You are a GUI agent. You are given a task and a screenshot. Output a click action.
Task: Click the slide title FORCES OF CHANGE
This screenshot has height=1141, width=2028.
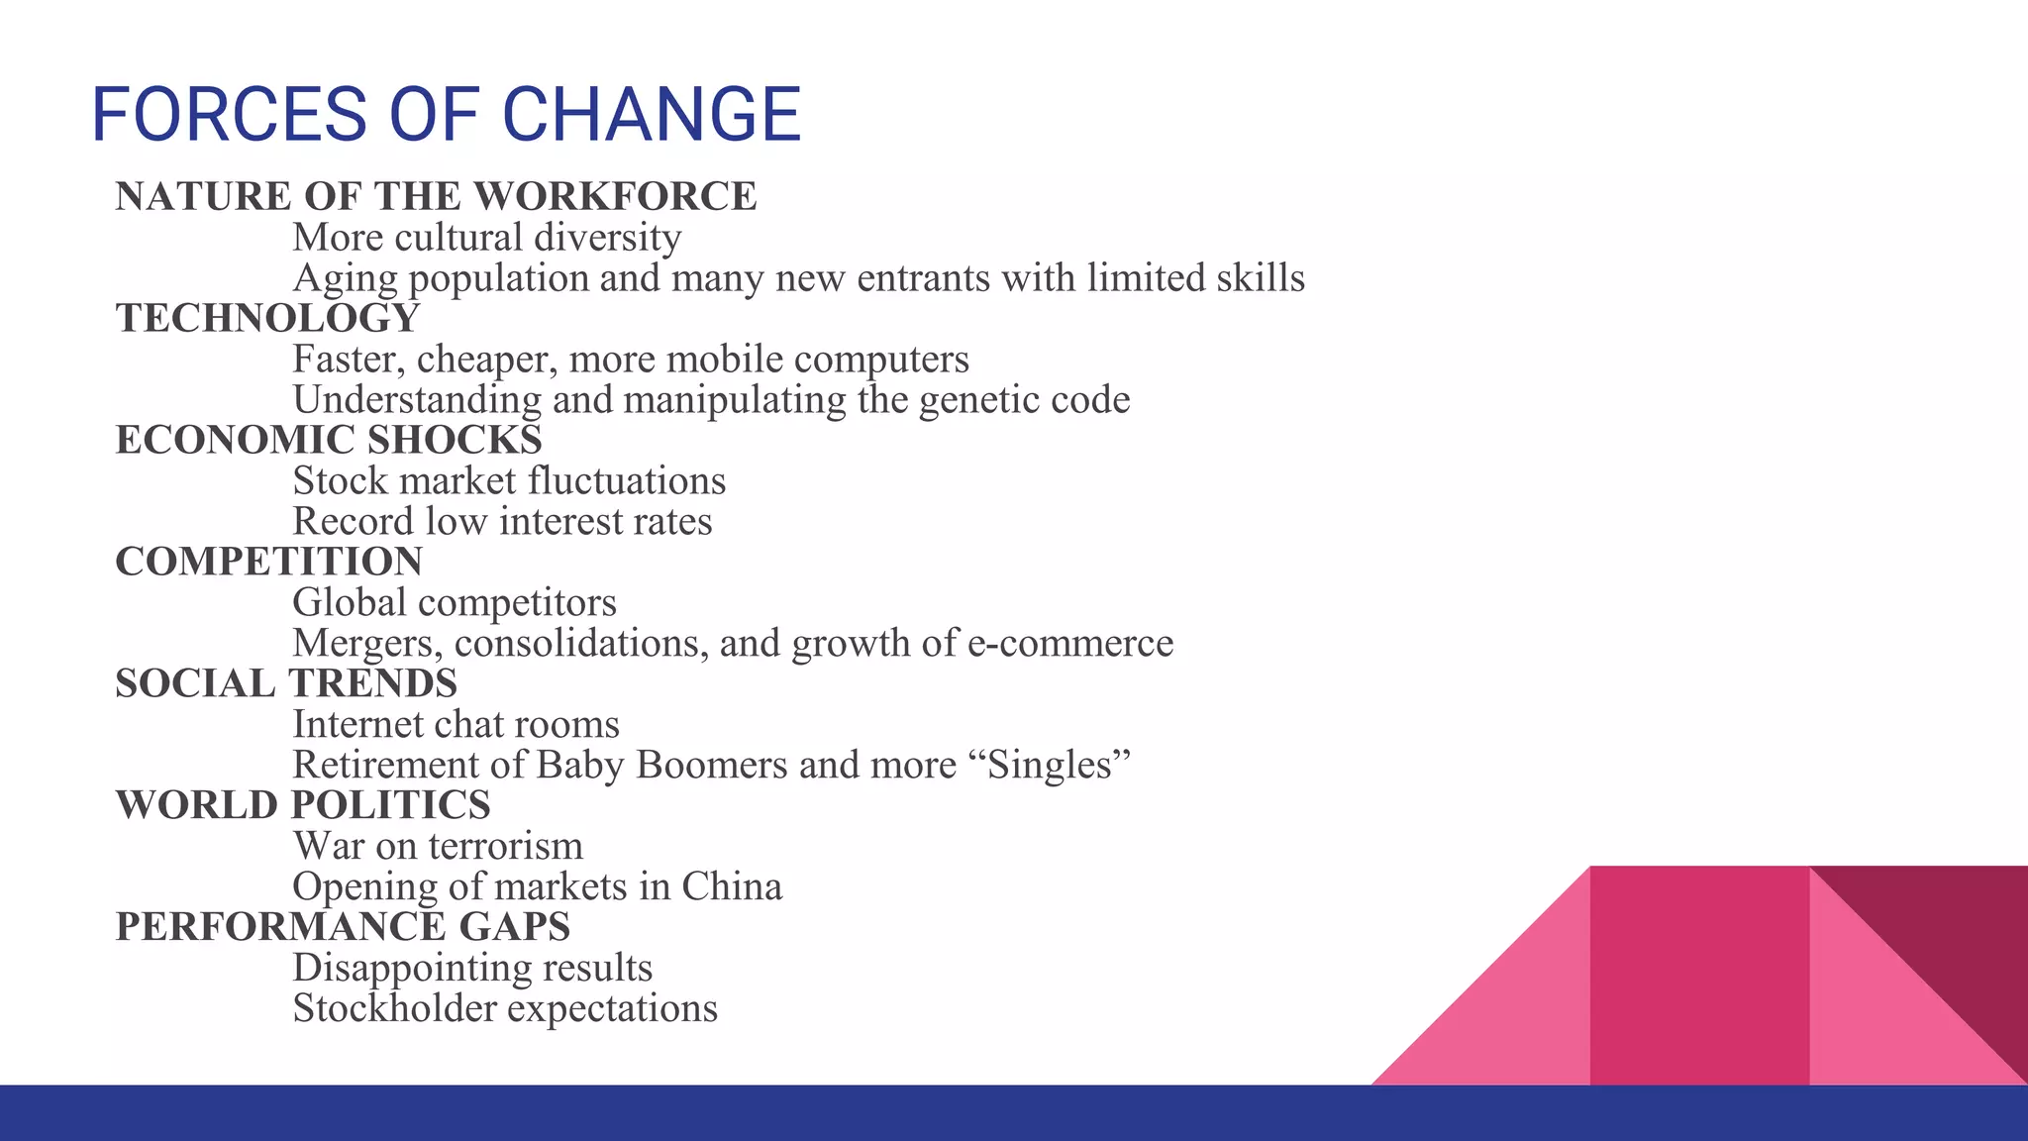pyautogui.click(x=446, y=114)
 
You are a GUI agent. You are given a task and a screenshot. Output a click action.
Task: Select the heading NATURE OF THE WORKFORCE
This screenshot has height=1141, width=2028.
pyautogui.click(x=436, y=196)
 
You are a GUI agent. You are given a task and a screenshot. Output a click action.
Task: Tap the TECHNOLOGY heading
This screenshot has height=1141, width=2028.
pyautogui.click(x=267, y=318)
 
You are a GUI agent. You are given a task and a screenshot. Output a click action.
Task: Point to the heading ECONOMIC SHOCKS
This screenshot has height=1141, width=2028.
pyautogui.click(x=329, y=440)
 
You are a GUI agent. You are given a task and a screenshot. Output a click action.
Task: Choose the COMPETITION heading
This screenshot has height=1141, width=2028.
pyautogui.click(x=268, y=562)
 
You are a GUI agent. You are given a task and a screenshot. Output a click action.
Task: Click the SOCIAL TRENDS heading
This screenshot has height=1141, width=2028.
pyautogui.click(x=286, y=683)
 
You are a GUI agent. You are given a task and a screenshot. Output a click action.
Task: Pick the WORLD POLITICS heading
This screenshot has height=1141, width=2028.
pyautogui.click(x=303, y=805)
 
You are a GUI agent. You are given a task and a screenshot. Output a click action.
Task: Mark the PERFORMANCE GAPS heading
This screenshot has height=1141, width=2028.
pyautogui.click(x=343, y=927)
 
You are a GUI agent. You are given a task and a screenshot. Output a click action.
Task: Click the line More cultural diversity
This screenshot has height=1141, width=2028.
pyautogui.click(x=486, y=238)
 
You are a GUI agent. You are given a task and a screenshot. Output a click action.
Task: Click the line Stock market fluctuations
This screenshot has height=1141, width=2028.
pyautogui.click(x=509, y=481)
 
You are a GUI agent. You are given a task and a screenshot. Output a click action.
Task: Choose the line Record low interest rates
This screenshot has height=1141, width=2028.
pyautogui.click(x=502, y=522)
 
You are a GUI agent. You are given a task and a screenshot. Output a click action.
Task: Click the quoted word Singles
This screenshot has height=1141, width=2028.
pyautogui.click(x=1059, y=766)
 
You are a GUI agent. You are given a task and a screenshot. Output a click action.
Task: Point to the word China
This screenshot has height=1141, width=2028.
pyautogui.click(x=732, y=887)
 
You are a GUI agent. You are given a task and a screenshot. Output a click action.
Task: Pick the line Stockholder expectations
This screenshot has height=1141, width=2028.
pyautogui.click(x=505, y=1008)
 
